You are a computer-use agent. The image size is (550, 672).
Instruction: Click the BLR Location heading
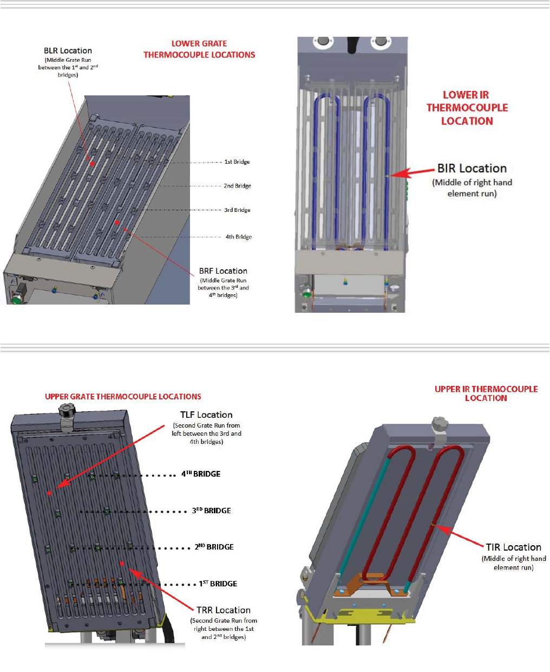tap(68, 50)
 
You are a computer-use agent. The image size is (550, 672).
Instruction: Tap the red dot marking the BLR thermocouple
tap(92, 163)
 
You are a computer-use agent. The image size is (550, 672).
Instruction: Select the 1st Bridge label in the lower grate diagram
tap(237, 161)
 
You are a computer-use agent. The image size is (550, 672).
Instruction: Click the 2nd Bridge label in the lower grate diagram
tap(237, 186)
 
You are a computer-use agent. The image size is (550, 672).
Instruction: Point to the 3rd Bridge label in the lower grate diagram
tap(237, 210)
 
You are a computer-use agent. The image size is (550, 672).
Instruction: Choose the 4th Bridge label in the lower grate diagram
tap(238, 237)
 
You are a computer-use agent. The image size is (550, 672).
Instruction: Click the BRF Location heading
tap(223, 271)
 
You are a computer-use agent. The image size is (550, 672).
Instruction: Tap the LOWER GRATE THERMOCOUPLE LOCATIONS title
tap(199, 49)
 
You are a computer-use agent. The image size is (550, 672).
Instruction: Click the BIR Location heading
tap(472, 169)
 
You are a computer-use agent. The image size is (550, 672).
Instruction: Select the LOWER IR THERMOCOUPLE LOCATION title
tap(467, 108)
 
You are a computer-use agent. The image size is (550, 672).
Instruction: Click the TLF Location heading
tap(206, 415)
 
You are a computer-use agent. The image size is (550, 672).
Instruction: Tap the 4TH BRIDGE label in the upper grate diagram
tap(201, 474)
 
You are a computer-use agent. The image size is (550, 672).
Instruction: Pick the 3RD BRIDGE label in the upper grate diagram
tap(211, 511)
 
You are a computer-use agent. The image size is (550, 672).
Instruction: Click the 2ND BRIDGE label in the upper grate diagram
tap(214, 547)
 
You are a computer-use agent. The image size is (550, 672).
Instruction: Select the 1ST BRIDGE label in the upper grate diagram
tap(218, 584)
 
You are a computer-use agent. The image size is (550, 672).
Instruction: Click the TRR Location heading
tap(223, 610)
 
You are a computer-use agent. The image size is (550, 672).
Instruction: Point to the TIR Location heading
tap(513, 547)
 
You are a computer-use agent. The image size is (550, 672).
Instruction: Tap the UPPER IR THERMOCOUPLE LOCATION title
tap(486, 393)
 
